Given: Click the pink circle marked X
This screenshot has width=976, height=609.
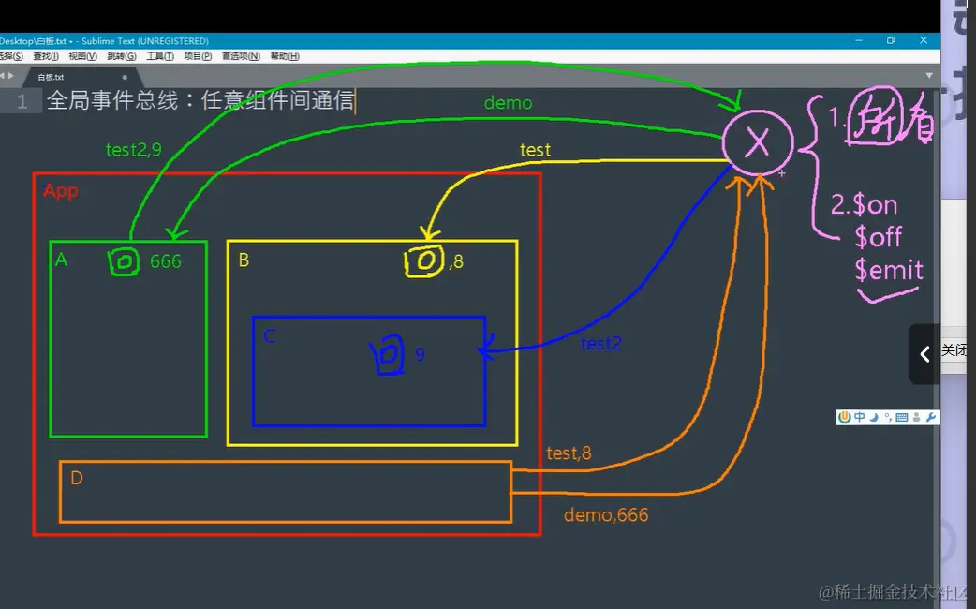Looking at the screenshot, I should tap(757, 142).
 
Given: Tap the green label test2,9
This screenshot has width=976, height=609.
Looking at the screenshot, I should tap(134, 149).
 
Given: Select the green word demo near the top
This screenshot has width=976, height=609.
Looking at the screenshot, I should tap(508, 103).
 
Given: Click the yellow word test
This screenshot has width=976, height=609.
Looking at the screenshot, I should tap(536, 150).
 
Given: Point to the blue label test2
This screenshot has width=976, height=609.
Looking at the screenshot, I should tap(600, 344).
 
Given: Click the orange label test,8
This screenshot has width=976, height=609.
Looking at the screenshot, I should tap(569, 453).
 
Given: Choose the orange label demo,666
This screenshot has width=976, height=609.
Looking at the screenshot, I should tap(606, 515).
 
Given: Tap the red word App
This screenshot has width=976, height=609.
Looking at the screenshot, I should tap(61, 191).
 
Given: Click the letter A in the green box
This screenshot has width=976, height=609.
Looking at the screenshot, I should tap(62, 260).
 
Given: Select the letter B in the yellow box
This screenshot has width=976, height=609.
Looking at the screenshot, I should tap(244, 260).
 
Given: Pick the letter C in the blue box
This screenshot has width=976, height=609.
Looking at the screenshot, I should tap(270, 335).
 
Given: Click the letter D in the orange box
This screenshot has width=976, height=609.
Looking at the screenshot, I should tap(77, 479).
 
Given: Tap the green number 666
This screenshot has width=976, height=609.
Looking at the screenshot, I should tap(165, 261).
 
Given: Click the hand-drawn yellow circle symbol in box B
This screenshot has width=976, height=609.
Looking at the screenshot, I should tap(424, 261).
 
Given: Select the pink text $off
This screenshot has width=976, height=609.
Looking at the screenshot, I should tap(878, 237).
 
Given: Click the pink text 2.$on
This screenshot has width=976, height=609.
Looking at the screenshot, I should tap(864, 205).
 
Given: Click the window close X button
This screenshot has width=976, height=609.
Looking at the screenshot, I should tap(924, 40).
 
